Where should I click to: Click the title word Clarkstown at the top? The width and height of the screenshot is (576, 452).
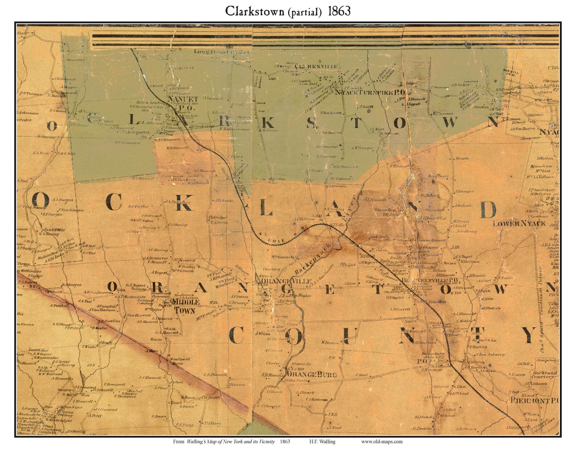255,11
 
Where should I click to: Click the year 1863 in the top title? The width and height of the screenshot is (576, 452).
339,11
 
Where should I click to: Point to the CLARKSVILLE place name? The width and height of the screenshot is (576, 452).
317,67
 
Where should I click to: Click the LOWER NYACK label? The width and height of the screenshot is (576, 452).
519,224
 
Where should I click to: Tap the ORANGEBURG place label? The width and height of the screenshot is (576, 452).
312,374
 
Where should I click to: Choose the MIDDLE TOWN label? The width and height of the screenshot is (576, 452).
186,306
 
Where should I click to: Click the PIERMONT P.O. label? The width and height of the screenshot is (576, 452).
534,401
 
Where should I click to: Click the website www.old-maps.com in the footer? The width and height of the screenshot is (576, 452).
382,441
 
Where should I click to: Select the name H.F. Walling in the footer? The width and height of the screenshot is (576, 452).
322,441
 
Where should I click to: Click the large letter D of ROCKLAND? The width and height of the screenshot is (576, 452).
488,210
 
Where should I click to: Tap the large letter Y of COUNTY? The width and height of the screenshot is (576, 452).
528,335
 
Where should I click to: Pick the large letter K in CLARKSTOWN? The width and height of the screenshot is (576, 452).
267,123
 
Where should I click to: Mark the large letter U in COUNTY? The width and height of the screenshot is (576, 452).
350,336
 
